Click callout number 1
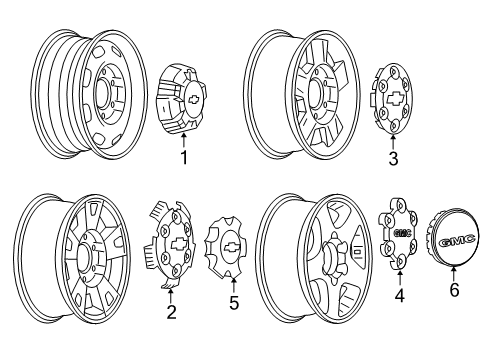click(x=183, y=158)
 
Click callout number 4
click(x=401, y=324)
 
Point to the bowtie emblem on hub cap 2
click(x=175, y=248)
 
